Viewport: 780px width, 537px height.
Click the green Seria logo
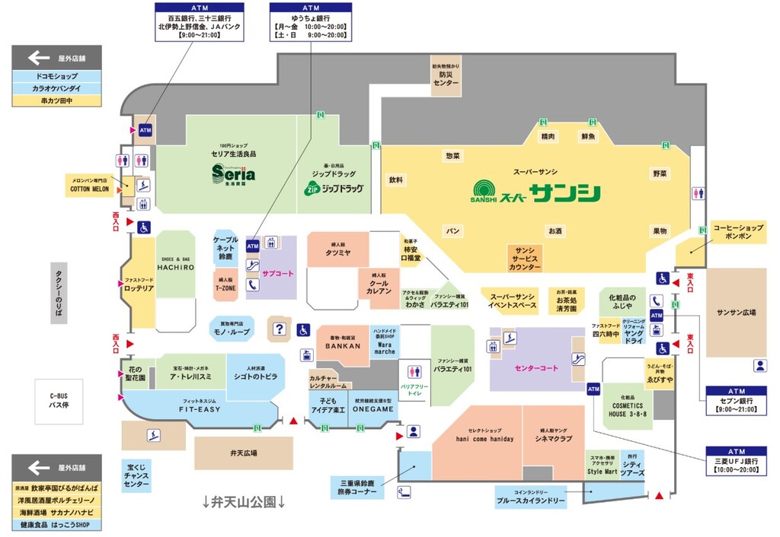click(234, 174)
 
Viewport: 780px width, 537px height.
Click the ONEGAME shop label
click(373, 408)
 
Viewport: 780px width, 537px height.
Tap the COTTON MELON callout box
click(90, 185)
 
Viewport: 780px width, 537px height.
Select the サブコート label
click(277, 273)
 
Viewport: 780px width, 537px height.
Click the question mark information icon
click(279, 329)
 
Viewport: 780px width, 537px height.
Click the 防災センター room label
click(448, 77)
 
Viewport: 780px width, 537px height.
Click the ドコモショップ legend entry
click(56, 77)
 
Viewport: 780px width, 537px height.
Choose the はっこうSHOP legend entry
click(56, 525)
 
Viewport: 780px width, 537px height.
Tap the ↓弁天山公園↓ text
click(245, 503)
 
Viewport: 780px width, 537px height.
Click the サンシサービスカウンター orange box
click(525, 259)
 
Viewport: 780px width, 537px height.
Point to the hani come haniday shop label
click(484, 439)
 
